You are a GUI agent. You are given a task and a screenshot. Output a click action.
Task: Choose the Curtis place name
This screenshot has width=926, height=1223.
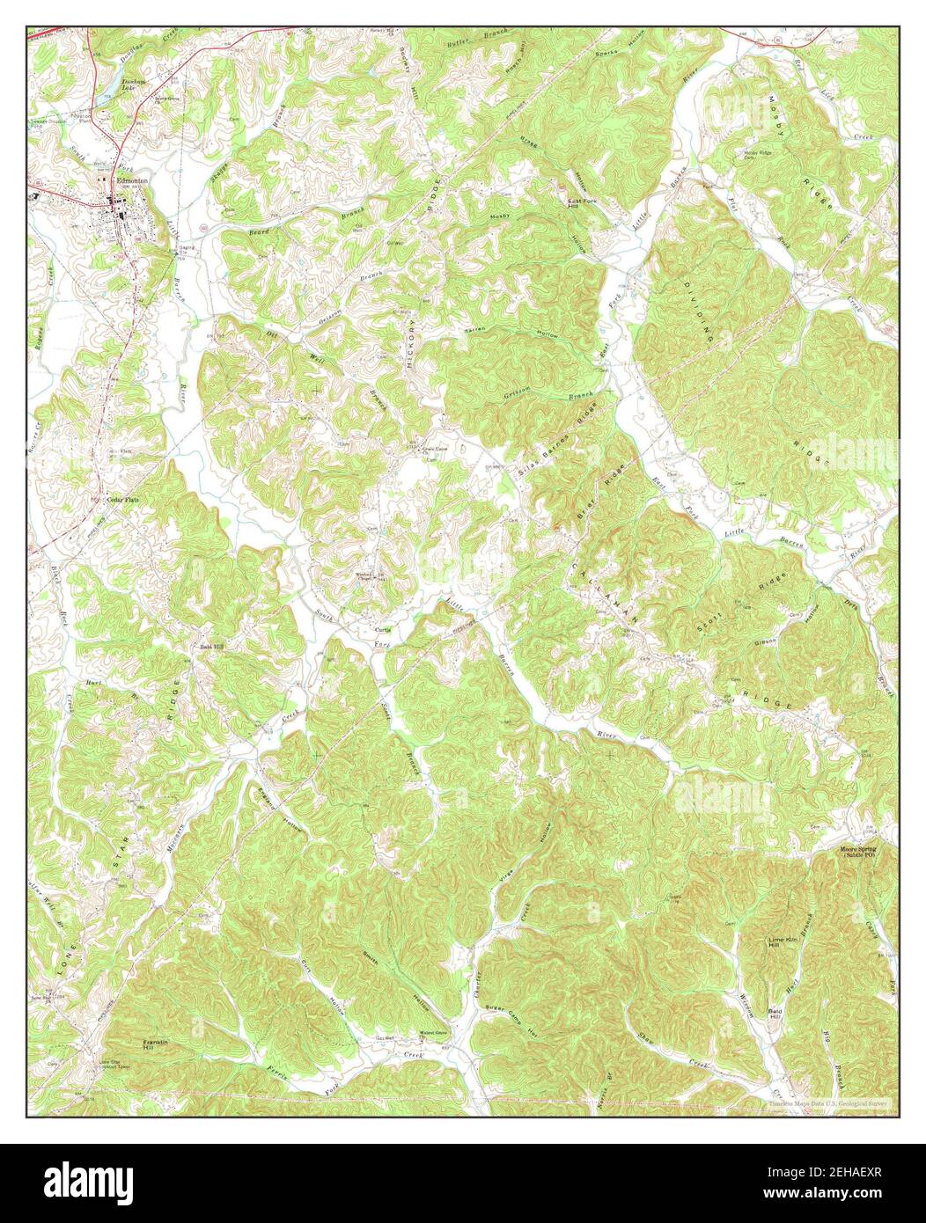(x=383, y=630)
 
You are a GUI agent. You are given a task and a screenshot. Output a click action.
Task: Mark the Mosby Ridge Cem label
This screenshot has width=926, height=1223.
(x=762, y=154)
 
